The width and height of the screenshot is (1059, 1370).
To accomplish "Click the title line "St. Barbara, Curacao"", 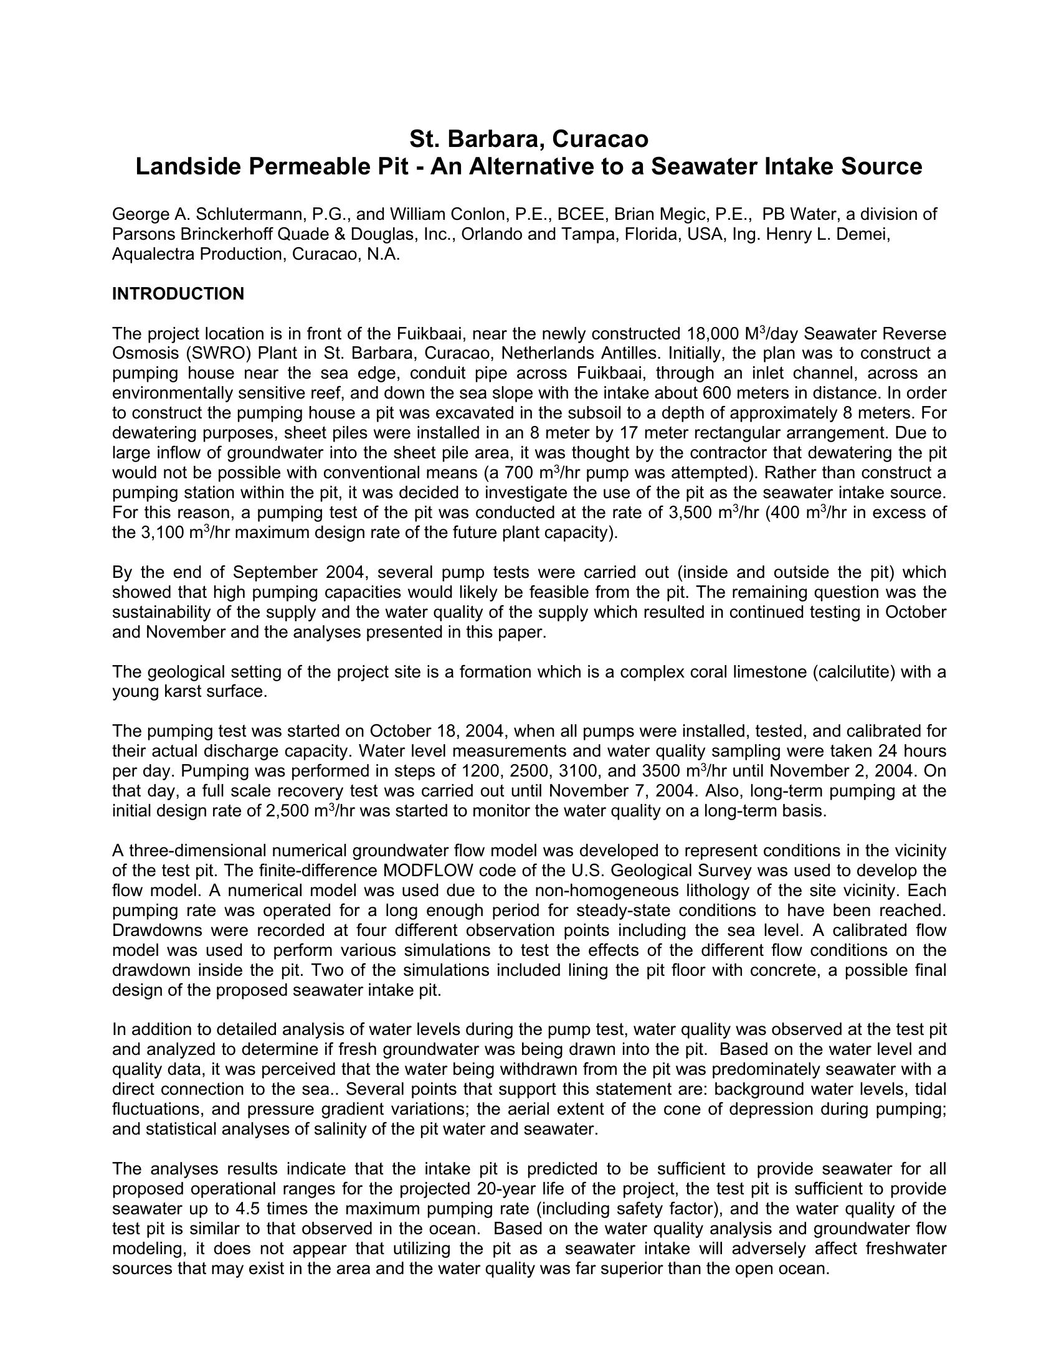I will tap(529, 139).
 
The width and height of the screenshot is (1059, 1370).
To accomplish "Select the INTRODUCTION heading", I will tap(178, 294).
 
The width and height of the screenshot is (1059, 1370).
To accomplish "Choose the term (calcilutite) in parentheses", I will tap(857, 673).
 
